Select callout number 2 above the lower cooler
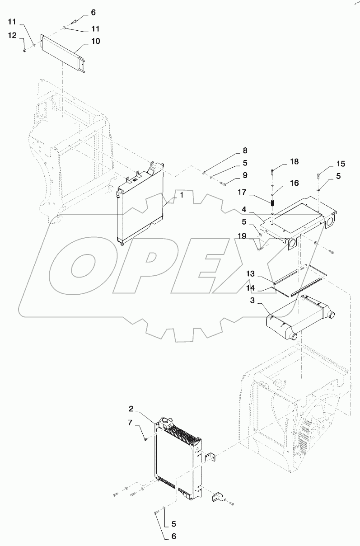tap(131, 409)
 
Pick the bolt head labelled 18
tap(273, 171)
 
